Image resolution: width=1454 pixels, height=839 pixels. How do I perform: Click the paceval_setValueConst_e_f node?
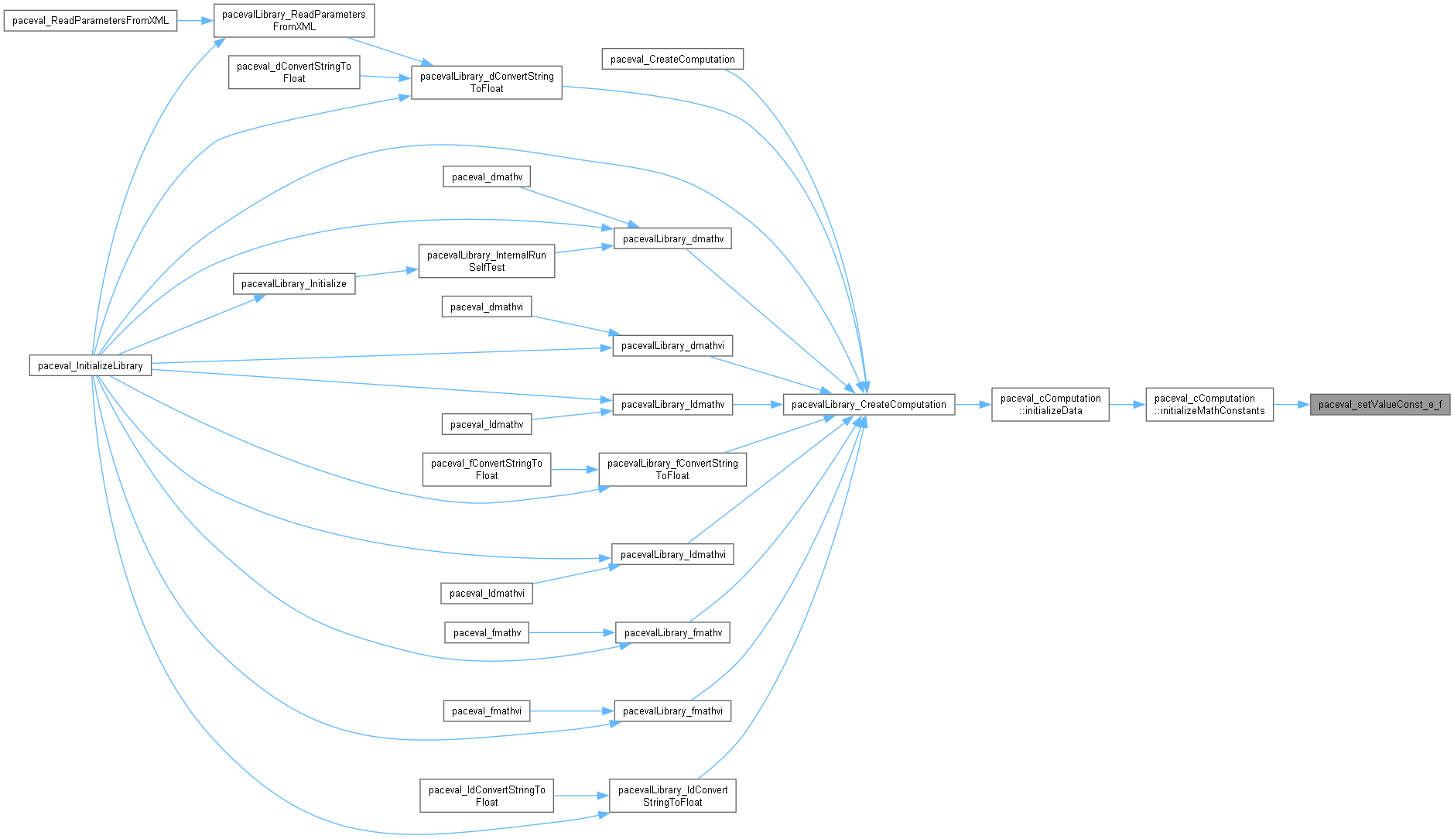pos(1380,405)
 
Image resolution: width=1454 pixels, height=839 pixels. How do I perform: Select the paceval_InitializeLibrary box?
pos(91,366)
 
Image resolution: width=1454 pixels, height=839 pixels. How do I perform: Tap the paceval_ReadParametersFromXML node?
pos(91,21)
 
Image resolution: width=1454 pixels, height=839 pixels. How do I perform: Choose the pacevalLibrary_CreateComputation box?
pos(868,405)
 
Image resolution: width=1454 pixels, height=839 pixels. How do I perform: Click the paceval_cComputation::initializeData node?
pos(1050,405)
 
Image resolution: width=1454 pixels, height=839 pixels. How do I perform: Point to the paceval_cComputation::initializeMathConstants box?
pos(1209,405)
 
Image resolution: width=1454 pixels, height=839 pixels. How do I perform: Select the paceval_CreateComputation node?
pos(672,60)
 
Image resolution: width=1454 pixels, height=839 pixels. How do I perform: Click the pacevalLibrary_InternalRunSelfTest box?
pos(487,262)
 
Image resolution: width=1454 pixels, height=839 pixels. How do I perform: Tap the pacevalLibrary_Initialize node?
pos(294,284)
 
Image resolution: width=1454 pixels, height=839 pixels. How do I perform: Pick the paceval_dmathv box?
pos(487,177)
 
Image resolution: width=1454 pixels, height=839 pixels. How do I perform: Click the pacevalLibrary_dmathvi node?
pos(672,346)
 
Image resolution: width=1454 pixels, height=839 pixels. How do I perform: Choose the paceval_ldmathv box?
pos(487,425)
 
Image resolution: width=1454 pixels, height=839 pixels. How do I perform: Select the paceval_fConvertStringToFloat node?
pos(487,470)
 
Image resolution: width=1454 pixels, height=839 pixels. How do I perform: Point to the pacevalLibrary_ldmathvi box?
pos(672,555)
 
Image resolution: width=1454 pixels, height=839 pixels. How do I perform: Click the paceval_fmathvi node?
pos(487,711)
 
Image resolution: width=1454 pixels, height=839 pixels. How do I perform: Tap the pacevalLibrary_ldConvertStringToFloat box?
pos(672,796)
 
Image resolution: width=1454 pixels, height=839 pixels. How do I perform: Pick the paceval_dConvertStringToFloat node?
pos(294,73)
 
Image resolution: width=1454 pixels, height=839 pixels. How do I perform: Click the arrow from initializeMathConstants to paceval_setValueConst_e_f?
pos(1291,405)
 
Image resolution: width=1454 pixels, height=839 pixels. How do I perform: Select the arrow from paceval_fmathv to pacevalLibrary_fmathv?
pos(572,633)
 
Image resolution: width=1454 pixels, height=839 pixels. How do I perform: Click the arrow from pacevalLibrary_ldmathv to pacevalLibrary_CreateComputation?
pos(758,405)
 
